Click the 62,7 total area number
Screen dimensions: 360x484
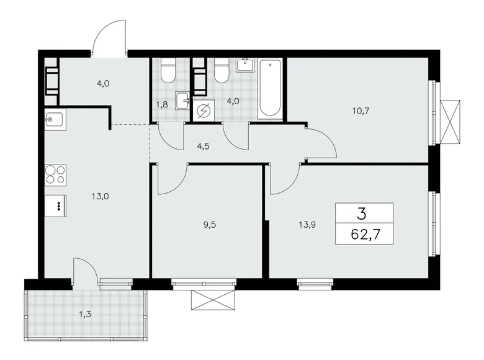coord(364,235)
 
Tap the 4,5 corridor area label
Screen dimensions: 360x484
coord(186,146)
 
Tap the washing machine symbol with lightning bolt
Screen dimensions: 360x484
coord(202,110)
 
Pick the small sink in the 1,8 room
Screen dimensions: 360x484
coord(181,100)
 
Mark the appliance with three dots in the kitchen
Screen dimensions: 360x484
coord(56,205)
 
